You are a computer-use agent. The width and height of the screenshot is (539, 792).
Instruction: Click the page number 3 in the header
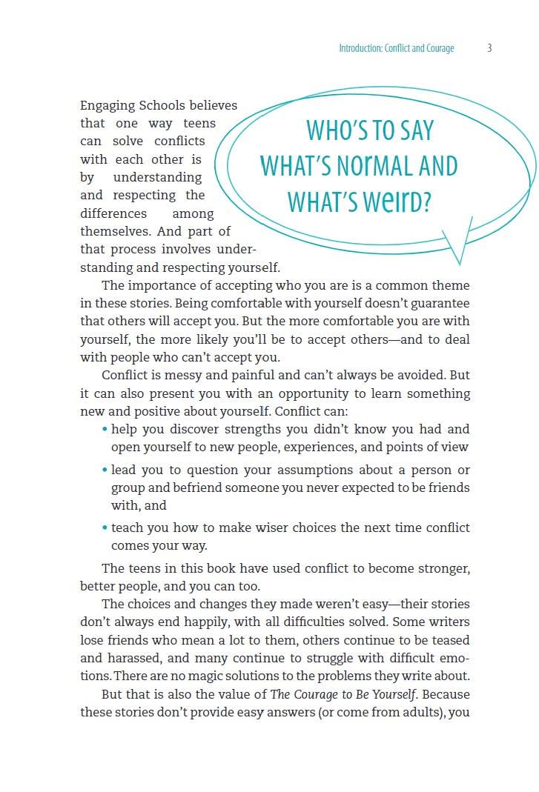[490, 48]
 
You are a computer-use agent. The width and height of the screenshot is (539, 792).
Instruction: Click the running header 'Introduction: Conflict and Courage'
[397, 48]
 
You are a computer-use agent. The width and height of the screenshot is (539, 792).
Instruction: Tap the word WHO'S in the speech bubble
[340, 130]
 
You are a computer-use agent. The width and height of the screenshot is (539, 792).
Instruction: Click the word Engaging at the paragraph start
[108, 106]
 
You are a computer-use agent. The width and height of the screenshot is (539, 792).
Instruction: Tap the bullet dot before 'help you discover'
[105, 430]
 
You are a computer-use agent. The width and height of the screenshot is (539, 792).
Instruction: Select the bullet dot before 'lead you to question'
[105, 470]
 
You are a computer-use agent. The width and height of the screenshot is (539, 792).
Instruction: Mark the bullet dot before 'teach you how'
[105, 528]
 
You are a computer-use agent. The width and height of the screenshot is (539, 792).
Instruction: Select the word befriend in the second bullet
[204, 488]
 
